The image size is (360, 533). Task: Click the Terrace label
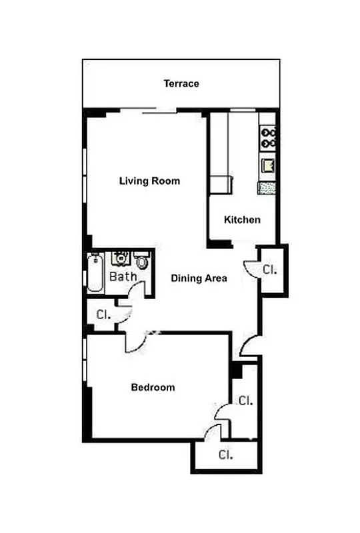[181, 84]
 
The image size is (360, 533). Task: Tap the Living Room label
[149, 181]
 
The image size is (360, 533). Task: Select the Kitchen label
[242, 220]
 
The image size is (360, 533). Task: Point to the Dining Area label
[199, 278]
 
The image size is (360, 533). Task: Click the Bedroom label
[153, 387]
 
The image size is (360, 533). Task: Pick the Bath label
[123, 276]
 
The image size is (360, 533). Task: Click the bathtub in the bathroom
[95, 272]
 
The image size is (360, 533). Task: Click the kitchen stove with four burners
[268, 136]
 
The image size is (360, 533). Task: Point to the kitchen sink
[267, 166]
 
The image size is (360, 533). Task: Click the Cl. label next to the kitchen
[269, 270]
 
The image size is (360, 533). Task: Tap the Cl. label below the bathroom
[103, 314]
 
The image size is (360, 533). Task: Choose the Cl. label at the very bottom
[225, 455]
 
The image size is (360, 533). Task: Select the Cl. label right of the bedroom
[245, 400]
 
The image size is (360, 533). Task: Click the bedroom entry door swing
[134, 340]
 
